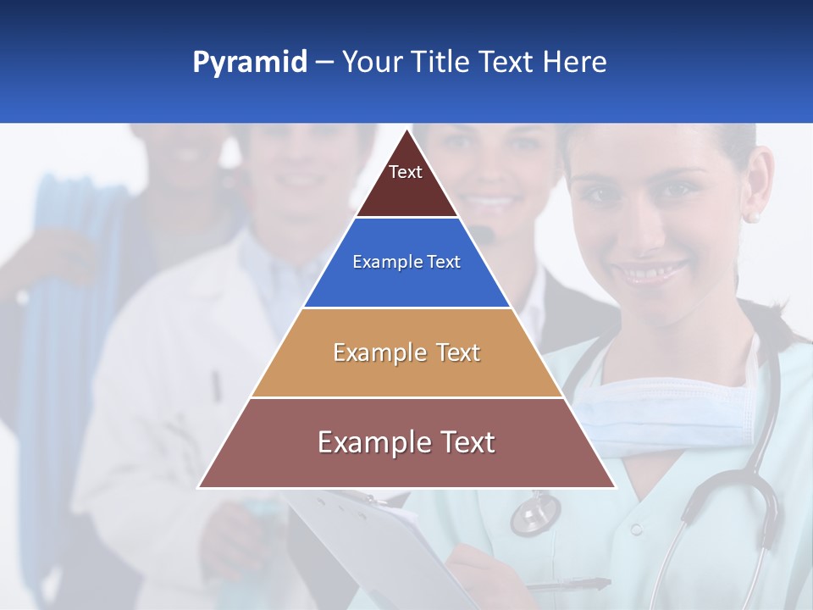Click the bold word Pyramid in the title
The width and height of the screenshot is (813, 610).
(x=250, y=63)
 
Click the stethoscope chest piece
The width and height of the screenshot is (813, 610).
(x=535, y=513)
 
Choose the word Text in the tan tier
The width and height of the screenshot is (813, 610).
(x=459, y=352)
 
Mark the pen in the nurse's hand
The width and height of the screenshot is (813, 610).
(x=567, y=585)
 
